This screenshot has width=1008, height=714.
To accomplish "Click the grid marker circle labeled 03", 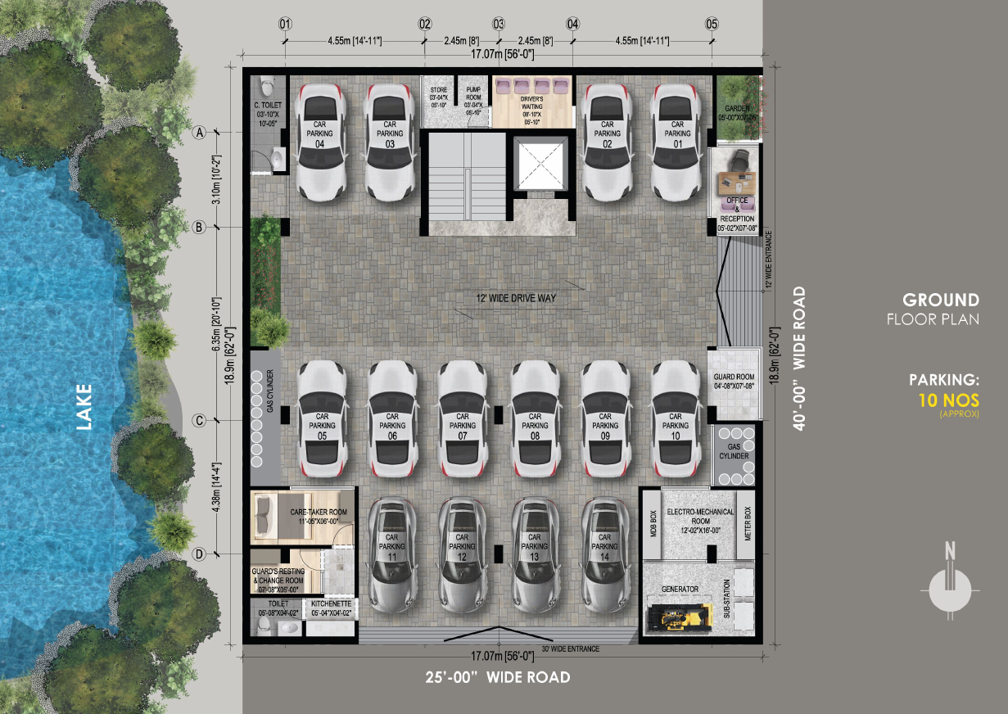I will [x=498, y=24].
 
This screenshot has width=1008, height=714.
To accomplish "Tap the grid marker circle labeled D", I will [x=198, y=554].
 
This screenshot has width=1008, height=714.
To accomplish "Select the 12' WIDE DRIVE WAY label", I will [x=517, y=298].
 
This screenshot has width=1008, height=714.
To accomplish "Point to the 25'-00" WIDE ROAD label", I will [x=498, y=677].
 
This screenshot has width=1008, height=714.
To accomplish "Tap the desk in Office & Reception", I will [x=735, y=179].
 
